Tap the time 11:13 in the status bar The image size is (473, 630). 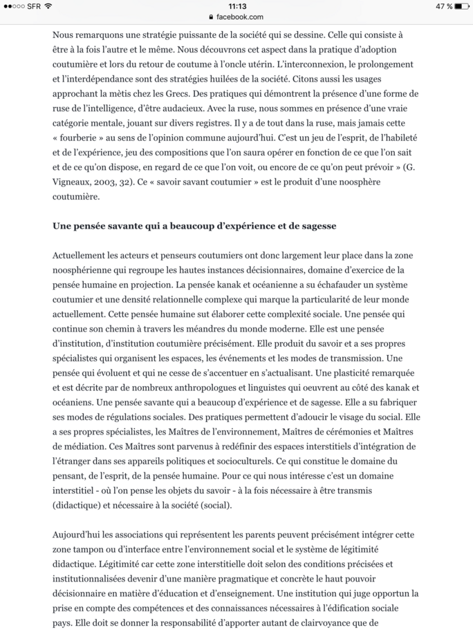(x=236, y=6)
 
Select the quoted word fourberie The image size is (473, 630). (x=84, y=139)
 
